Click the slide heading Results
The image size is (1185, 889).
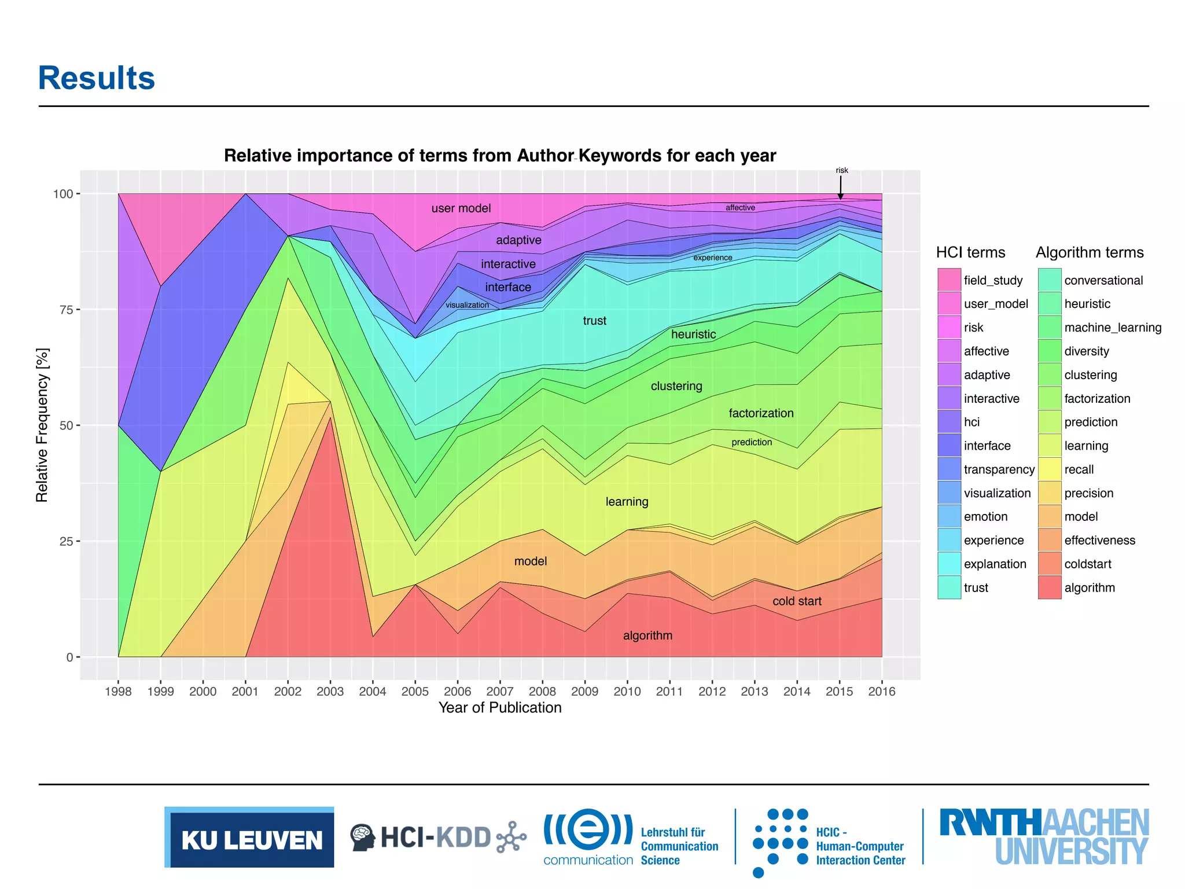tap(97, 78)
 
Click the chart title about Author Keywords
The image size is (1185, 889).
tap(499, 156)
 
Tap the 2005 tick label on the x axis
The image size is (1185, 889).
tap(415, 691)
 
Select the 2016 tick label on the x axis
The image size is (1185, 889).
tap(881, 691)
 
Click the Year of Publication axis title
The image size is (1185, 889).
tap(499, 708)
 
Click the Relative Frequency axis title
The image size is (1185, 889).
tap(42, 425)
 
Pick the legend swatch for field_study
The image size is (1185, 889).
tap(949, 280)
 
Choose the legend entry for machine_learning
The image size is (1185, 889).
tap(1112, 328)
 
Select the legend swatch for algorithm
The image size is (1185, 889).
tap(1050, 587)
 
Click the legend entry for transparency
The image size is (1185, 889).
tap(999, 469)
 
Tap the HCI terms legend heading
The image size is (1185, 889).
tap(970, 252)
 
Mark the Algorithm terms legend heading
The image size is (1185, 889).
tap(1090, 252)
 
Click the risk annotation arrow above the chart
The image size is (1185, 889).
tap(841, 187)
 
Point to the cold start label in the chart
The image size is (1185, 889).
tap(797, 601)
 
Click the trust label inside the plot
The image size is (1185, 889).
tap(594, 321)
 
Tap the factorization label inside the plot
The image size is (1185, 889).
tap(761, 413)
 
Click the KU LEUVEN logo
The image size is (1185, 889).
tap(249, 837)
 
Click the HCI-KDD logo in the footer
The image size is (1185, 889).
tap(438, 837)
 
